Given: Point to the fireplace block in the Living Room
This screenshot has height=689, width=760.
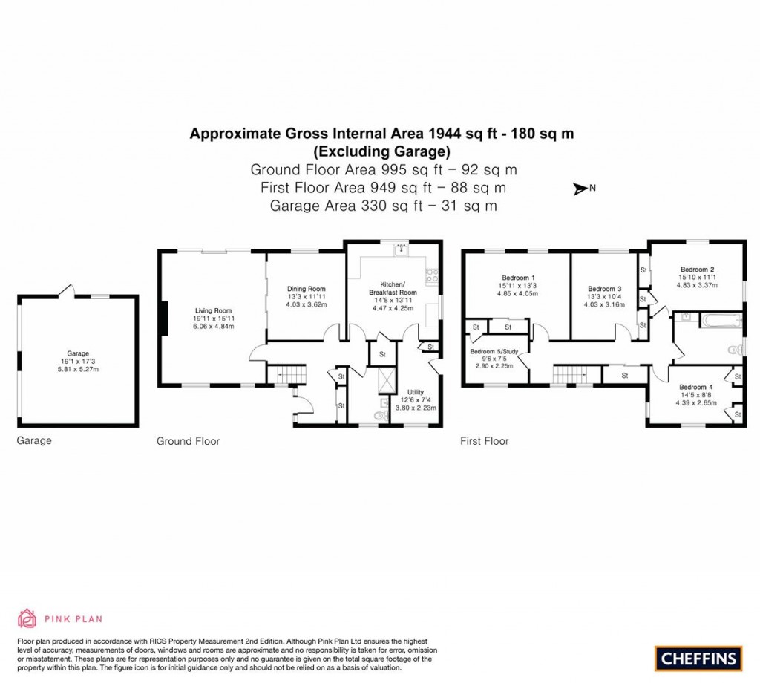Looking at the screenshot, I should pos(166,313).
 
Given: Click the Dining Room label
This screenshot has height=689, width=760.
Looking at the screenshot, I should pos(306,289).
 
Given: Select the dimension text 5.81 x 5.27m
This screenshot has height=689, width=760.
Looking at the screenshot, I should pos(78,370).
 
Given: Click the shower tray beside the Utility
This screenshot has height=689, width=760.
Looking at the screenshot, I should pos(386,382).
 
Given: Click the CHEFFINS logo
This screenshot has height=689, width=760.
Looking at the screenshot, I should pos(698,657).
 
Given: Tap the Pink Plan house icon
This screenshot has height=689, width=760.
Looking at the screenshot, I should pos(27,618).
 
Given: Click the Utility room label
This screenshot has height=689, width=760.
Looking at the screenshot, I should pos(415,391).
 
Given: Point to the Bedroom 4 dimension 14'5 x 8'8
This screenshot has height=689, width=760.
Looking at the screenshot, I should pos(694,395).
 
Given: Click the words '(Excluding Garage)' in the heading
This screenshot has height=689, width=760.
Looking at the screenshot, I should pos(381,151).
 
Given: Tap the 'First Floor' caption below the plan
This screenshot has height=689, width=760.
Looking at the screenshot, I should pos(484,441).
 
